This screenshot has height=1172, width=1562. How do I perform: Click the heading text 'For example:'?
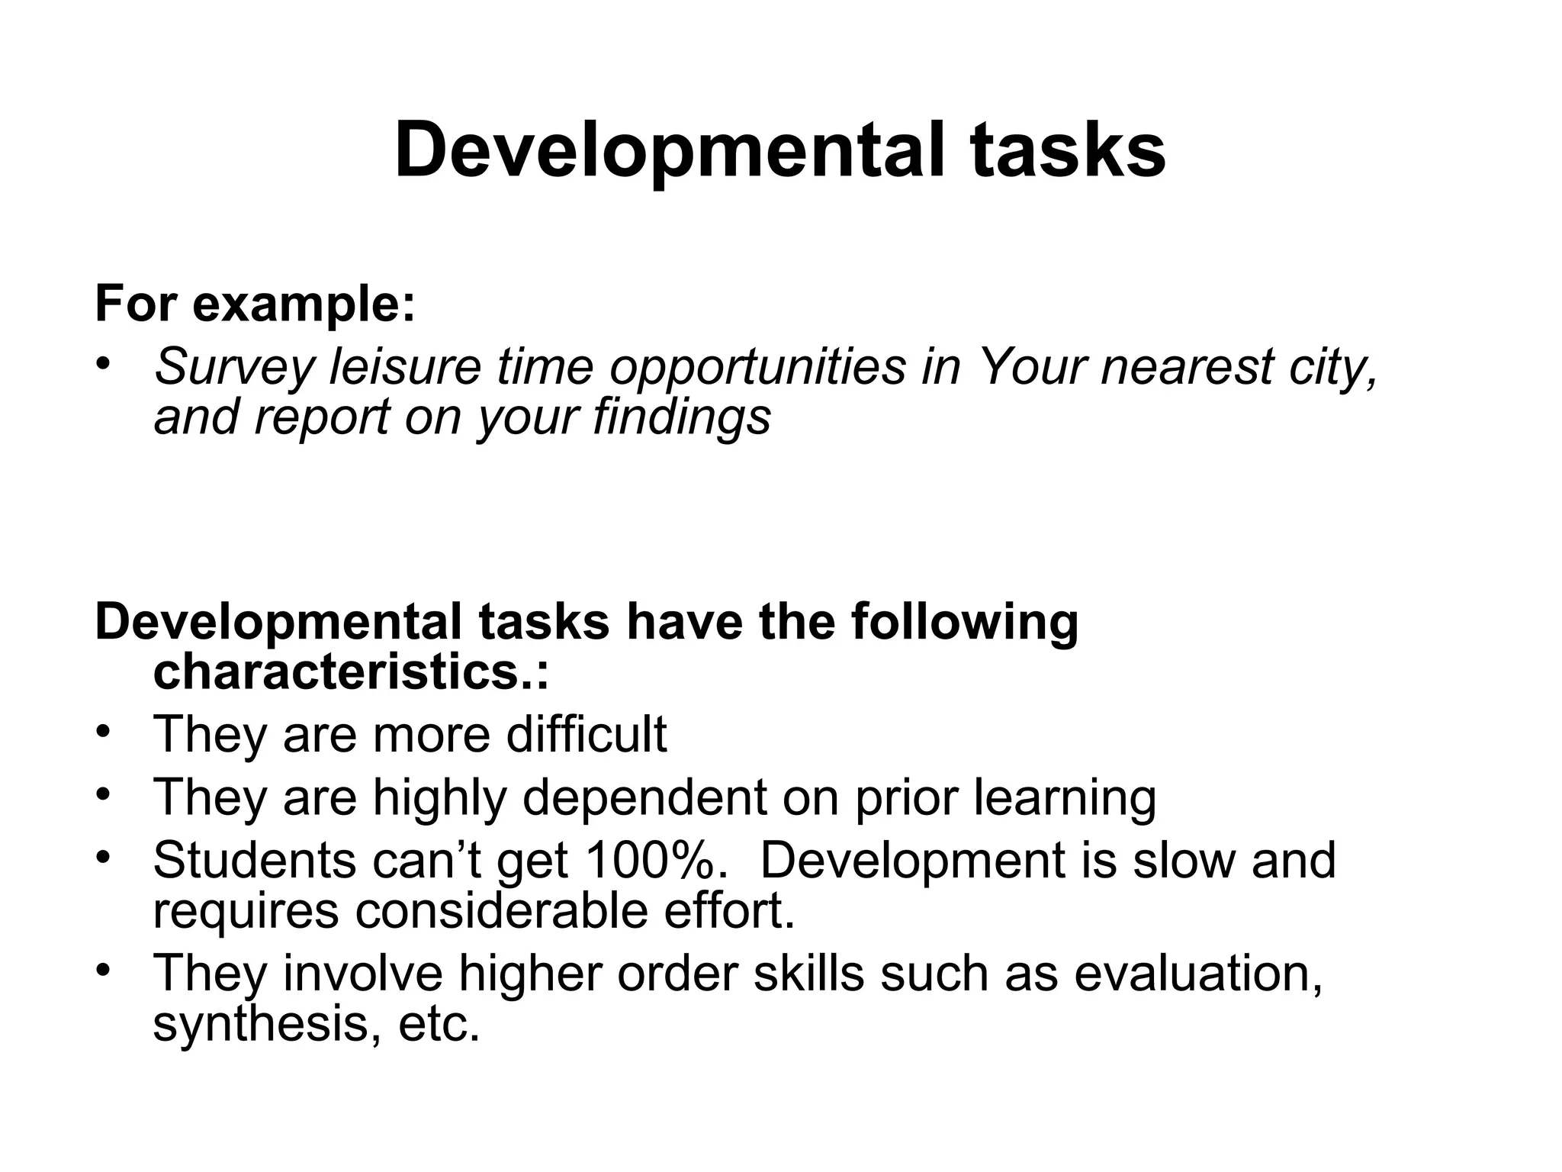(x=255, y=304)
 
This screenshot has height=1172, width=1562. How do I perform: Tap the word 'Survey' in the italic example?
(x=233, y=368)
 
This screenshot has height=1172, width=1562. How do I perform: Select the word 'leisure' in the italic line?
(x=405, y=366)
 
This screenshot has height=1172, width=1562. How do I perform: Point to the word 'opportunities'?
(x=757, y=368)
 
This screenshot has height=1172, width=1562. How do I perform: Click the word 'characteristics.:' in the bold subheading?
(x=351, y=672)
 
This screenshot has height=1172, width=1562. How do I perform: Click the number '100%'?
(x=652, y=861)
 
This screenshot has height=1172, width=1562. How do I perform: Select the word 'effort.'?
(x=730, y=911)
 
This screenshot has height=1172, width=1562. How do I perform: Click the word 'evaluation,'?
(x=1198, y=974)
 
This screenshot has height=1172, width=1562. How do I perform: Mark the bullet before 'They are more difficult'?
(x=104, y=730)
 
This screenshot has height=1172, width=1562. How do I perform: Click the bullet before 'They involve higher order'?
(x=104, y=970)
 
